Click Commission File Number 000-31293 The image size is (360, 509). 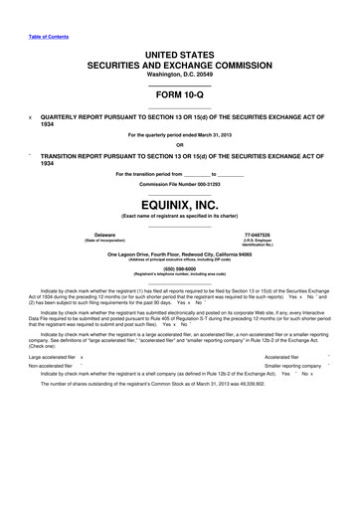click(179, 185)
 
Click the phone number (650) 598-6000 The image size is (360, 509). click(179, 266)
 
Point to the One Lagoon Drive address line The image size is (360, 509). click(179, 253)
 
